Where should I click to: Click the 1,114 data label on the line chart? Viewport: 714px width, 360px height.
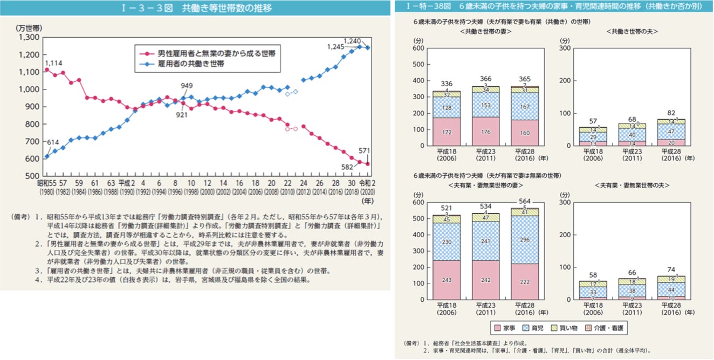point(53,63)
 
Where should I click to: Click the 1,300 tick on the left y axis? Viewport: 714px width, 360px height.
point(29,37)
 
